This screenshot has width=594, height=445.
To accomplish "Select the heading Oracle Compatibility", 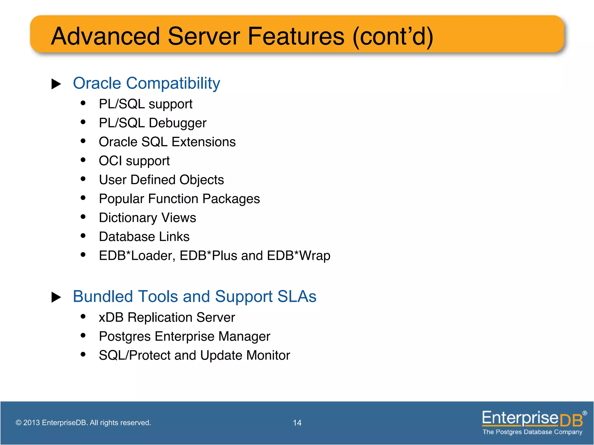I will [146, 83].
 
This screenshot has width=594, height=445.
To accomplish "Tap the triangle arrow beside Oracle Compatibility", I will [56, 84].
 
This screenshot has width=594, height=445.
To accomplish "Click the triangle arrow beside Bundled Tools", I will [56, 297].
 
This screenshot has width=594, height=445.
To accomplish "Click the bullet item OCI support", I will [134, 161].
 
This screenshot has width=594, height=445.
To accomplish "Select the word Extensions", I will [204, 142].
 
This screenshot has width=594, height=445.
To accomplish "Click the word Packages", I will [231, 199].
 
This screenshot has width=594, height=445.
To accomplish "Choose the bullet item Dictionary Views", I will [147, 218].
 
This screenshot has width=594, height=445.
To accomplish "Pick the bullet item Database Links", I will [144, 237].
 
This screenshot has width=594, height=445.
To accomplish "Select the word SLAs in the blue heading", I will [296, 297].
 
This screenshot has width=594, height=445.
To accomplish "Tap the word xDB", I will [111, 318].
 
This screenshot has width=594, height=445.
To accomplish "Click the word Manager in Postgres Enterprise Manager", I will [244, 336].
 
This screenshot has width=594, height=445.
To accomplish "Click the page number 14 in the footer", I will [297, 423].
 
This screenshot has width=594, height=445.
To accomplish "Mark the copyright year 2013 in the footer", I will [31, 423].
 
